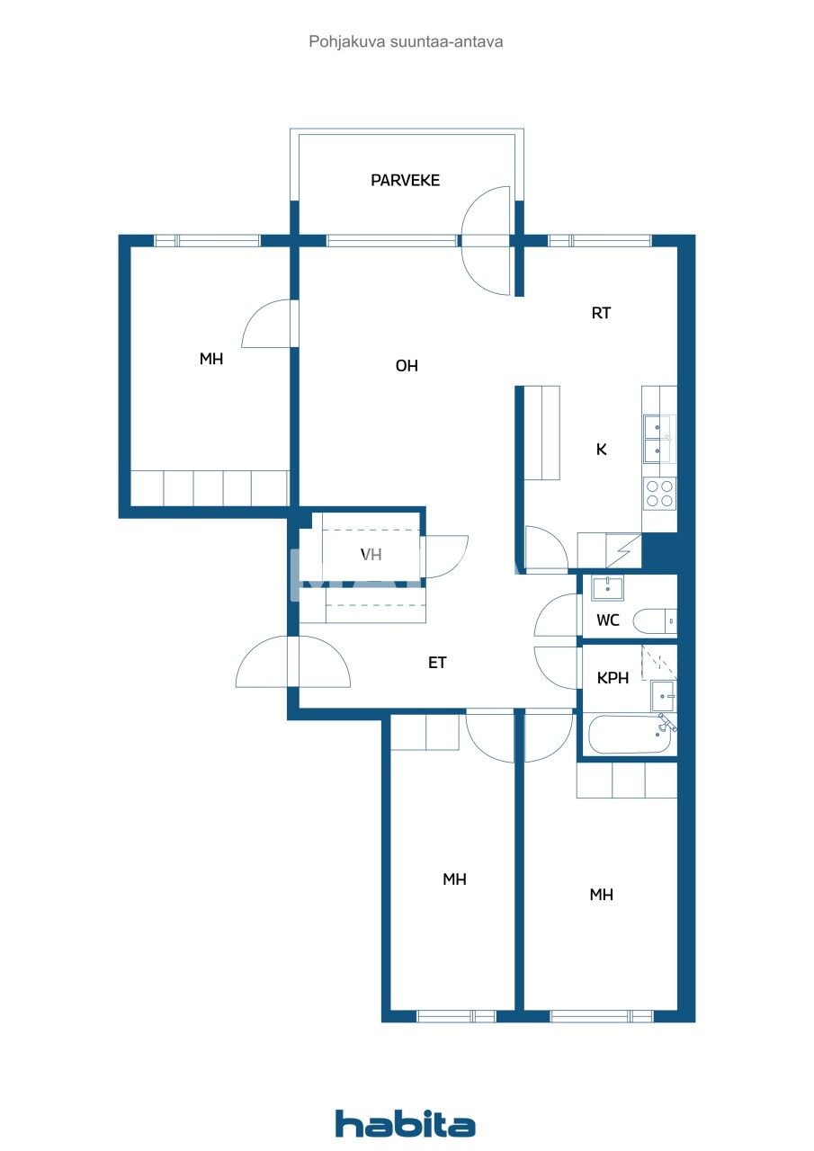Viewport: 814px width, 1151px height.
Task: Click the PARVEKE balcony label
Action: (x=405, y=181)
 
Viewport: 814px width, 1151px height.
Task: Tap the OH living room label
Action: (x=407, y=366)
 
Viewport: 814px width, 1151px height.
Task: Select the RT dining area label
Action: (x=601, y=313)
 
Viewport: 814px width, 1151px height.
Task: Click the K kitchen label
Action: (x=601, y=450)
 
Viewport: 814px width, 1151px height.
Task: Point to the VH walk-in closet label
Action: (x=371, y=555)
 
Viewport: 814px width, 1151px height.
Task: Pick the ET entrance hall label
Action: (x=437, y=664)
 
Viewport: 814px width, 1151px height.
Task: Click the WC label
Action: (x=608, y=620)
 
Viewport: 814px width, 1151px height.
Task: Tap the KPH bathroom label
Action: (x=613, y=679)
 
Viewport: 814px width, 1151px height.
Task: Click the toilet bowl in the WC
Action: (x=654, y=621)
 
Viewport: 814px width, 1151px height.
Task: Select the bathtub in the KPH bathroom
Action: (x=630, y=736)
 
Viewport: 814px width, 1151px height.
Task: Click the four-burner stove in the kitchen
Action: (x=659, y=494)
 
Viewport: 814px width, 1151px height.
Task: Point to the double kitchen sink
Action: (x=659, y=438)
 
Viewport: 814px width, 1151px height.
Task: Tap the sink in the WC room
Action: (x=607, y=589)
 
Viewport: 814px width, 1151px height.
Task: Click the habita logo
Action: (x=406, y=1124)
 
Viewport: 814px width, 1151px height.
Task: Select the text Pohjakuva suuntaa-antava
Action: (x=406, y=41)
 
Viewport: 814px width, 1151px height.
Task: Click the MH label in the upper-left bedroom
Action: (x=211, y=360)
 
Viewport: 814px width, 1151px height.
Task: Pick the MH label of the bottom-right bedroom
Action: (x=601, y=895)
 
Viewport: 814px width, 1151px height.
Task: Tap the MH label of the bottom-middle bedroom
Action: (x=454, y=879)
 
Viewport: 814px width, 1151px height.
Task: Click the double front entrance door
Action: (x=293, y=663)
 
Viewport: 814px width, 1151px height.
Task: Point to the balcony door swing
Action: (x=486, y=240)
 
